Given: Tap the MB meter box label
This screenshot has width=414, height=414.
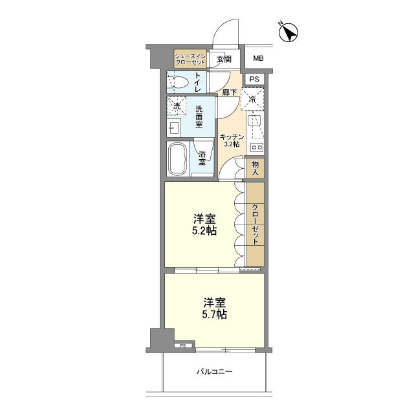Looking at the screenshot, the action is point(258,58).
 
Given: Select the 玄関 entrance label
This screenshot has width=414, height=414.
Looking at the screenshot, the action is point(224,59).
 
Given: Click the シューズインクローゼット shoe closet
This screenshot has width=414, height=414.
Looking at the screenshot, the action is point(190,59).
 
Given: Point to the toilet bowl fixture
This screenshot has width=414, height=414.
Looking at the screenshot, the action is point(179,82).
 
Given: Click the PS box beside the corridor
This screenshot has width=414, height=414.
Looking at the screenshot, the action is point(254,79).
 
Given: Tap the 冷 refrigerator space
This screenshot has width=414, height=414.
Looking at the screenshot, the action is point(253,99).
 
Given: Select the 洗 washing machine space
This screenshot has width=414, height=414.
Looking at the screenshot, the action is point(177,106).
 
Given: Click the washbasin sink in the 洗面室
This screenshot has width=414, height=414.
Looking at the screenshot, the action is point(174,128).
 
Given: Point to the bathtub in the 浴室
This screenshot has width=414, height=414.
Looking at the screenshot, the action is point(178,159).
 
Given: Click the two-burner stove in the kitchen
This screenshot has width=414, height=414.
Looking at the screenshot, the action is point(256,147).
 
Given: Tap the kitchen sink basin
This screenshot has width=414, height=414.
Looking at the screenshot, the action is point(254,121).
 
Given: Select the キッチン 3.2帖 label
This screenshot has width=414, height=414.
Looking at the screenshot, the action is point(232,140).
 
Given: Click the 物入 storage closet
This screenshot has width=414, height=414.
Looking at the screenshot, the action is point(255,168).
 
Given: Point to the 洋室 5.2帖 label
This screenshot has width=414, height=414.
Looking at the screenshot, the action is point(204,224).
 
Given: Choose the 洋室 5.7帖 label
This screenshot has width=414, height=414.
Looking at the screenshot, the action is point(214,308).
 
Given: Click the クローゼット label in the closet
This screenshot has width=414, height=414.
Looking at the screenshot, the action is point(255,224).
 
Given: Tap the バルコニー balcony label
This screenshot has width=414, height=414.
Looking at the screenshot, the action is point(214,372).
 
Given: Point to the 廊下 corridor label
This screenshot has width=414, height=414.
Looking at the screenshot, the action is point(229,93).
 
